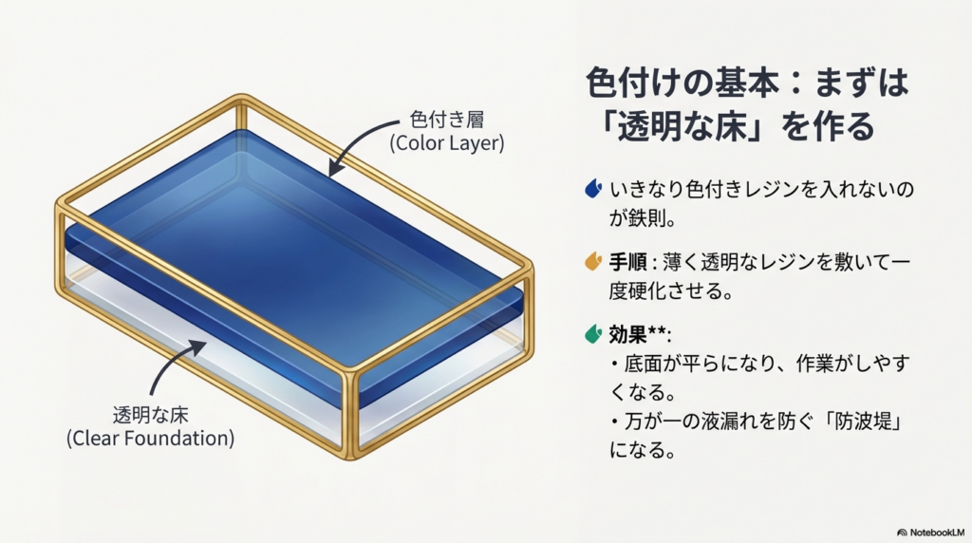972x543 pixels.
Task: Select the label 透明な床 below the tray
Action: tap(150, 415)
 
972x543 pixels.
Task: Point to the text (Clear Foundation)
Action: tap(150, 439)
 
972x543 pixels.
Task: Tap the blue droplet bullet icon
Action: tap(593, 189)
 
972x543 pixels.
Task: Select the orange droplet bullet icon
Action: tap(593, 259)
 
